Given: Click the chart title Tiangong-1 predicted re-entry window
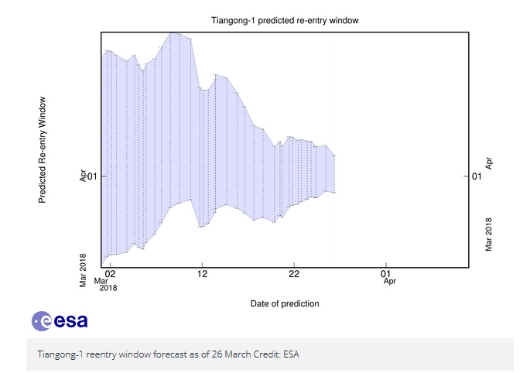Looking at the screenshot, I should pos(284,19).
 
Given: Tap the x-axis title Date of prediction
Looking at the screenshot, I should pos(285,303).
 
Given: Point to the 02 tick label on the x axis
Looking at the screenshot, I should pos(110,273).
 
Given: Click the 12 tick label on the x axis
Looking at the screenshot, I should pos(202,273).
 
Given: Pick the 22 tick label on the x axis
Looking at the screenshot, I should pos(294,273).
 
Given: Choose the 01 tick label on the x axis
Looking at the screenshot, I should pos(385,273).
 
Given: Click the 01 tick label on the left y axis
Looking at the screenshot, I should pos(92,176).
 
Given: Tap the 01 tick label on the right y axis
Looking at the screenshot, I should pos(477,176).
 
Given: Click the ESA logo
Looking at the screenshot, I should pos(60,320).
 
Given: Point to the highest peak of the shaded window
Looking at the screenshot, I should pos(175,33).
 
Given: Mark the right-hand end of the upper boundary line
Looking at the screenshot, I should pos(335,156).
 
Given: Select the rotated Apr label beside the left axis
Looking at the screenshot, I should pos(83,176).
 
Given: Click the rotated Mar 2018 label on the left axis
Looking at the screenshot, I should pos(83,269).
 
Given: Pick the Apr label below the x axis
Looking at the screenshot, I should pos(390,282).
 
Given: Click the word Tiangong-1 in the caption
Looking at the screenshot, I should pos(60,355).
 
